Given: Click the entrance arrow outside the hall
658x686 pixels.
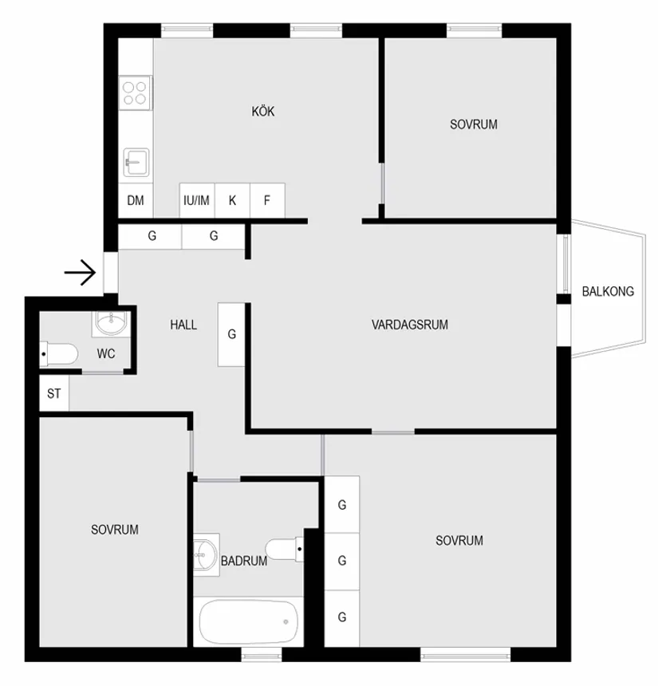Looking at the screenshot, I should pos(80,274).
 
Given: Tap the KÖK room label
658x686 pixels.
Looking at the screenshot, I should pos(263,112).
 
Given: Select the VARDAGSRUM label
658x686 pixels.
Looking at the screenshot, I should pos(410,325).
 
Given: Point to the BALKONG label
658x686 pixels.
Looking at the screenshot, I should pos(608,291).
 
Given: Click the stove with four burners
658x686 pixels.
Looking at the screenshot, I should pos(135,91).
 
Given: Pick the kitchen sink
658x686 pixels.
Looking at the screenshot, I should pos(136,163).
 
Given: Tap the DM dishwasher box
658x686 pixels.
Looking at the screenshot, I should pos(136,200).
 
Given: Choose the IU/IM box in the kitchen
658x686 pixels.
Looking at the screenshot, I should pos(196,200).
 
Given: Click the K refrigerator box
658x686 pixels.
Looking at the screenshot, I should pos(232,200).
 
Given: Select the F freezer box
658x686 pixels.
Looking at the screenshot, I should pos(267,200).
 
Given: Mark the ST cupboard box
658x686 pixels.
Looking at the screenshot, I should pos(54,393).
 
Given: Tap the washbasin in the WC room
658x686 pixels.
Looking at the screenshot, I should pos(110,322).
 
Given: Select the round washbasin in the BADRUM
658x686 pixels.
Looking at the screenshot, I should pos(206,553).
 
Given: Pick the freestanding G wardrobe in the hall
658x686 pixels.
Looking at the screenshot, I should pos(231,334).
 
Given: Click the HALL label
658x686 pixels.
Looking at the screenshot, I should pos(183,325).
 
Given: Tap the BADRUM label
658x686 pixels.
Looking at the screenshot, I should pos(243,561).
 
